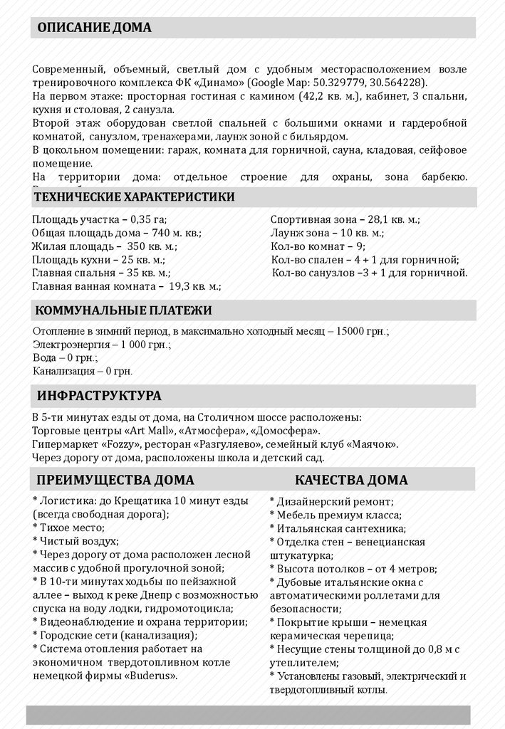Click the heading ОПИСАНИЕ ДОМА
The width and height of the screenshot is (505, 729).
click(94, 28)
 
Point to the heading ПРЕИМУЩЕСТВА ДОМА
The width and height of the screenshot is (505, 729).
click(115, 480)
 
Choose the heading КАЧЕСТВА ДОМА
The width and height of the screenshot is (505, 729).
click(351, 480)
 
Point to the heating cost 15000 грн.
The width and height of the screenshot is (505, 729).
click(365, 332)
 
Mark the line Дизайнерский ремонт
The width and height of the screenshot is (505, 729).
click(329, 500)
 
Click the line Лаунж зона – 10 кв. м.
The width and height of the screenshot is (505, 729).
click(327, 233)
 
